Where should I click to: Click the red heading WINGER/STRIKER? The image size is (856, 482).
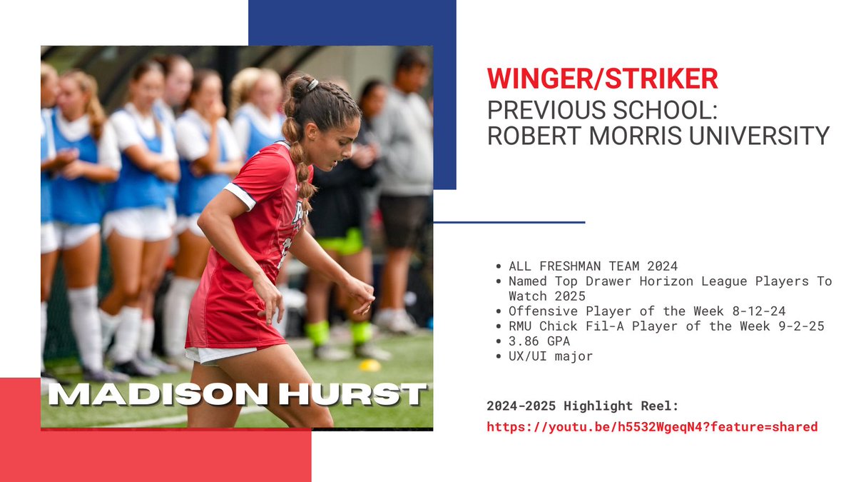coord(602,79)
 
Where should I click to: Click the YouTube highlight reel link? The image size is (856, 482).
coord(652,427)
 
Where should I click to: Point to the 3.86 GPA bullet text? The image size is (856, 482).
coord(539,341)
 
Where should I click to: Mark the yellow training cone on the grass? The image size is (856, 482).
coord(370,365)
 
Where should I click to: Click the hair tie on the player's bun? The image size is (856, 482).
coord(312,84)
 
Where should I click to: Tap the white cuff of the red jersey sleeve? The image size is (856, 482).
coord(240,196)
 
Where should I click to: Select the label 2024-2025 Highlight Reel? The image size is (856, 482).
coord(582,406)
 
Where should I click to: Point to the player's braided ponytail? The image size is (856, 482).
coord(300,154)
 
